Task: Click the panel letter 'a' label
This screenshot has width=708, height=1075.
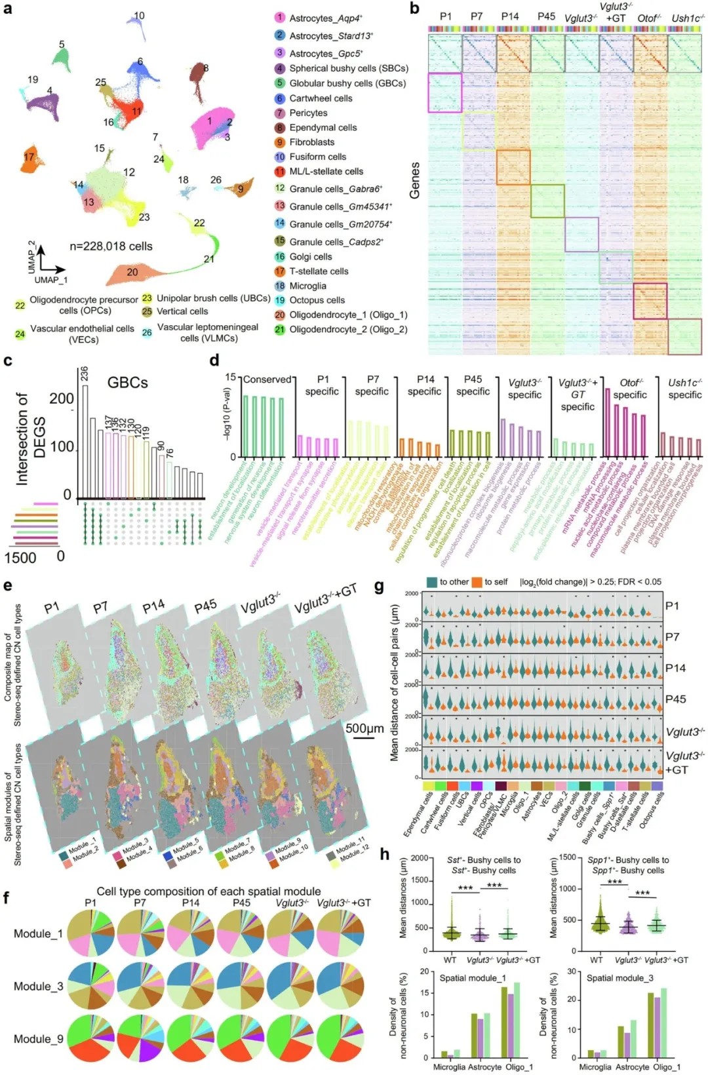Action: point(8,9)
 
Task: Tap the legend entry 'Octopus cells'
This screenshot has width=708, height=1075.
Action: point(317,300)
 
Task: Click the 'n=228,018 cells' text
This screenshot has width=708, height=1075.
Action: point(111,246)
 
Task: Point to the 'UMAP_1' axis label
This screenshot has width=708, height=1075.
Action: point(51,280)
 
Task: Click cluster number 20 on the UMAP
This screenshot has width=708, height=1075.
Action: point(132,272)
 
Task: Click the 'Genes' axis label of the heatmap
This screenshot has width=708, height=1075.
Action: point(414,180)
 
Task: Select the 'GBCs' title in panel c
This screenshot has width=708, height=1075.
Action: point(127,383)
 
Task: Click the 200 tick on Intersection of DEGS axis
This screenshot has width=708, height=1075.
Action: point(62,399)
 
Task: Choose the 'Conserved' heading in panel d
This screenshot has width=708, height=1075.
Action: point(267,380)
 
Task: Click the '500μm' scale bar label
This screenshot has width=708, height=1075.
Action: point(364,729)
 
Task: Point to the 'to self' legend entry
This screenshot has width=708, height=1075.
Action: point(496,582)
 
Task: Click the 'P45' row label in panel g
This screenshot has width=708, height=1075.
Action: point(675,699)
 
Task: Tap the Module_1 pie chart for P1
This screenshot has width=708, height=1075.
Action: point(90,933)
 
